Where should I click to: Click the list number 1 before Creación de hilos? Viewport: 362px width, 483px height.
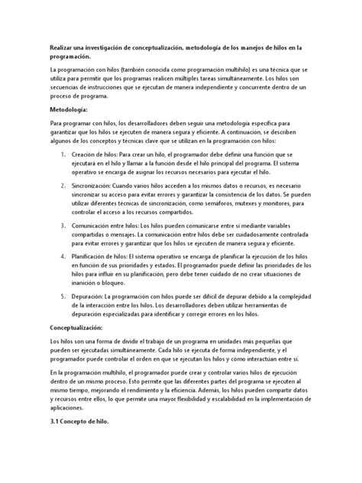point(63,155)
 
